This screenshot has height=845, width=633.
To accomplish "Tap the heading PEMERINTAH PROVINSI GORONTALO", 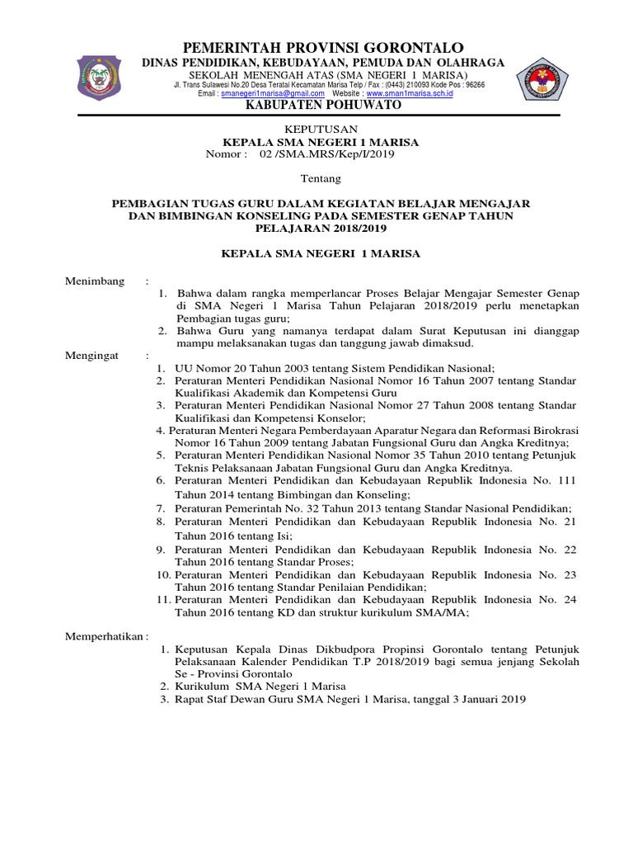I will [323, 47].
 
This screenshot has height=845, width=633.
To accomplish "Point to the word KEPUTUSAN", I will [321, 130].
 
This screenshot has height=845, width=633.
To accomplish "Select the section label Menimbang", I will [95, 282].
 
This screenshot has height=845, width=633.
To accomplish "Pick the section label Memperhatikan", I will [105, 637].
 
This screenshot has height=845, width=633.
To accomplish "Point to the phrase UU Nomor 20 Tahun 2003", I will [238, 367].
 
